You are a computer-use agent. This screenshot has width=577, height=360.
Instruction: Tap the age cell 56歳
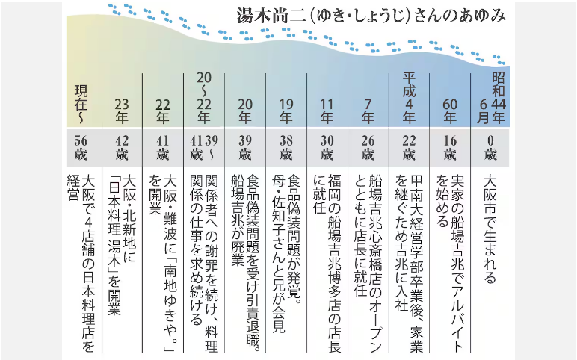81,147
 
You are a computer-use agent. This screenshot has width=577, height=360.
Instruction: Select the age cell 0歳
490,147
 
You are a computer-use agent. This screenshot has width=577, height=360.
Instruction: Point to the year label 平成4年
409,97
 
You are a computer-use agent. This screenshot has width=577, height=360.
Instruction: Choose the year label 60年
450,111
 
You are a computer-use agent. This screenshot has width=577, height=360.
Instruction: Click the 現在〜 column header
81,104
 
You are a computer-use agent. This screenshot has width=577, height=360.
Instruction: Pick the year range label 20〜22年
204,97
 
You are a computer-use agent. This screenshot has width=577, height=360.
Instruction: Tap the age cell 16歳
450,147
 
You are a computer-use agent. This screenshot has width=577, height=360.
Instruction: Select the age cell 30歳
327,147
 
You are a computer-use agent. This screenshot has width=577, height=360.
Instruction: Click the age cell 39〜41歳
204,147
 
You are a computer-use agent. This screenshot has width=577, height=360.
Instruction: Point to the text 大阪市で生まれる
490,229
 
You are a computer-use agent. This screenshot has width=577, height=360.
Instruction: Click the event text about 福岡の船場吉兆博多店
327,264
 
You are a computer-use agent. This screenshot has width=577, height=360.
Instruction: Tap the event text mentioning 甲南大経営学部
409,264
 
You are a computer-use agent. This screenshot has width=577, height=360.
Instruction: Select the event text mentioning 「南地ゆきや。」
163,264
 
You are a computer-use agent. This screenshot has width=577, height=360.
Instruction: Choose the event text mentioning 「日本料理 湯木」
122,245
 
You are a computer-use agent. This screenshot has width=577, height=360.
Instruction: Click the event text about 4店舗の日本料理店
81,264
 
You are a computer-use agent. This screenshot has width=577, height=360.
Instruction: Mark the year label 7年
368,111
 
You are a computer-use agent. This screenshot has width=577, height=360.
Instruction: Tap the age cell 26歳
368,147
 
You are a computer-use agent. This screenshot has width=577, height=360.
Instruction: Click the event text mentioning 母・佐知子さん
286,253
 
